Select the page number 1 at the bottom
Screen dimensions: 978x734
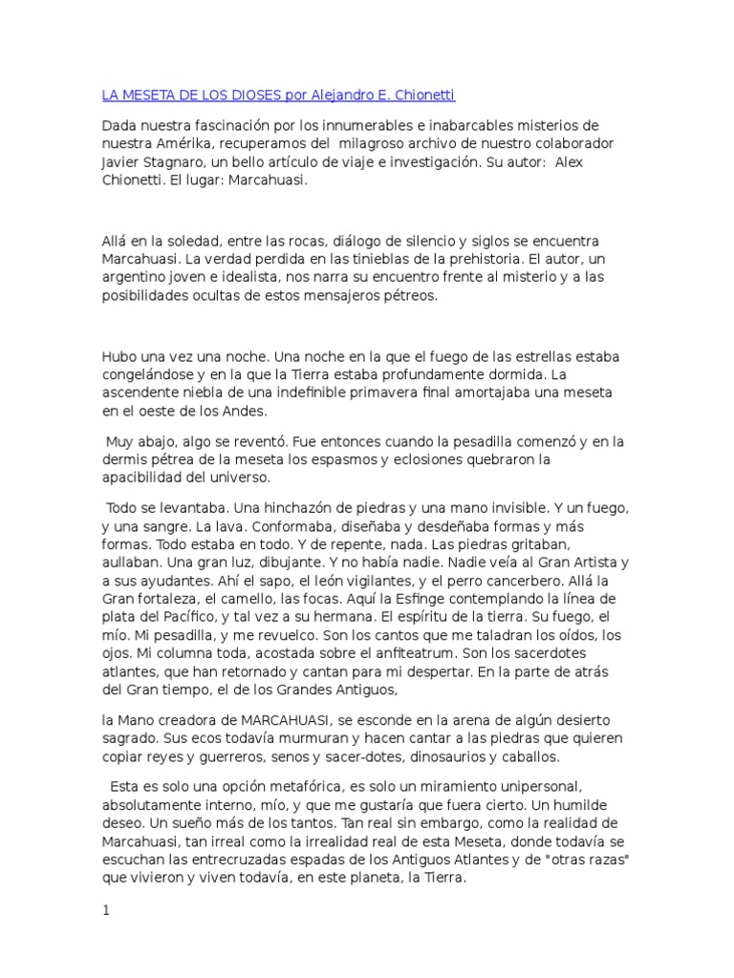[106, 911]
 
